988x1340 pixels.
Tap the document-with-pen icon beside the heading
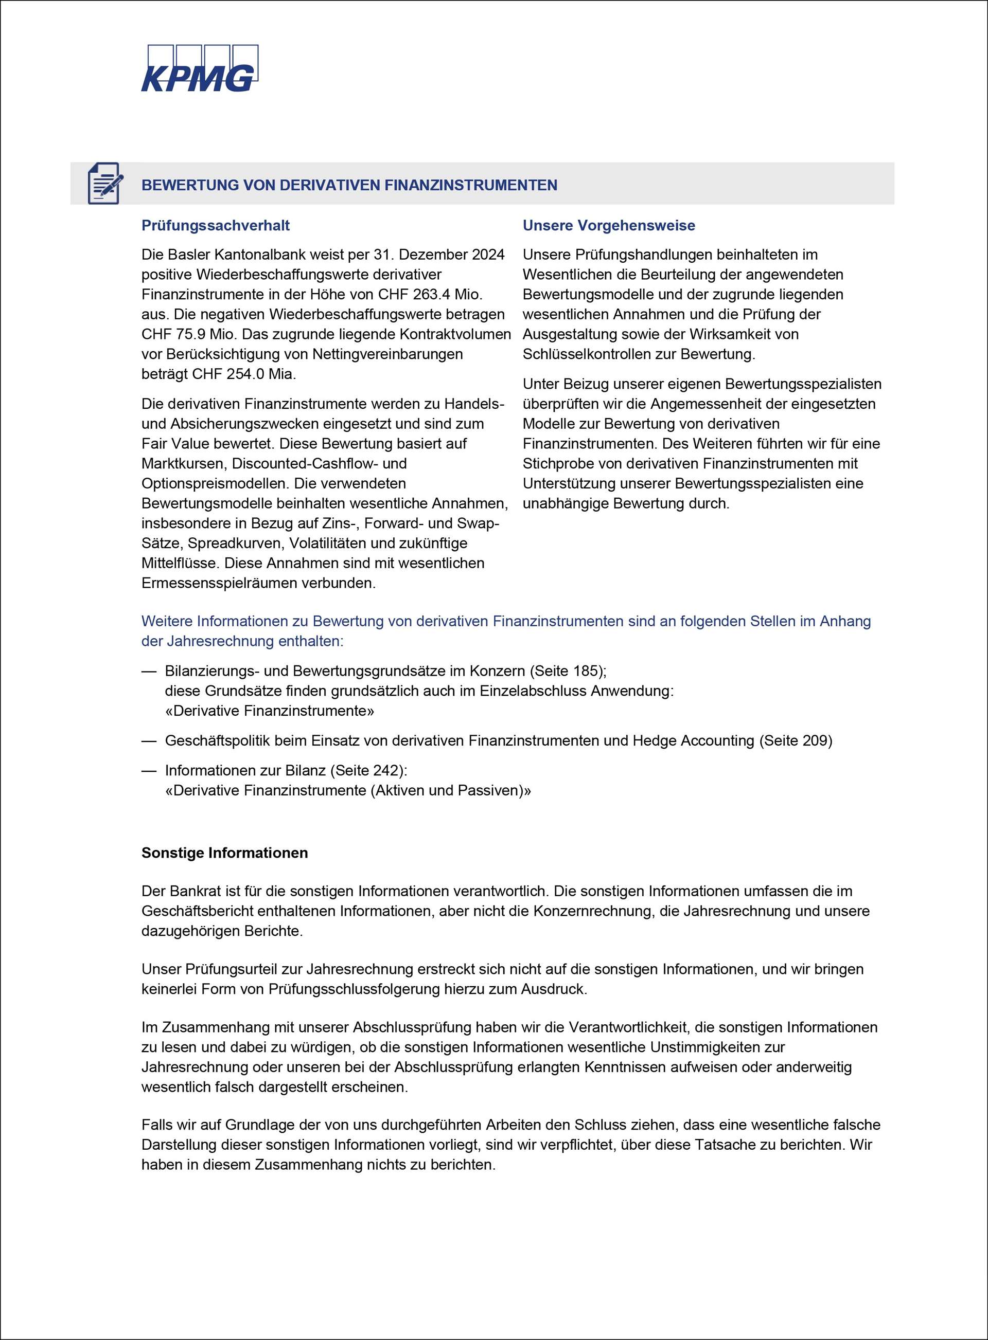(x=104, y=184)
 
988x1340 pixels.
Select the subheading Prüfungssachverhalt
(x=215, y=225)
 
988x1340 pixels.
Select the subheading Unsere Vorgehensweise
(x=608, y=225)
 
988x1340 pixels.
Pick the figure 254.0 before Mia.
(x=246, y=374)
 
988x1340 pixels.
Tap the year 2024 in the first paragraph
(x=488, y=255)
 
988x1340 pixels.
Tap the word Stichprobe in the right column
(x=557, y=464)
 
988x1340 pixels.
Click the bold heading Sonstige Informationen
(x=224, y=853)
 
